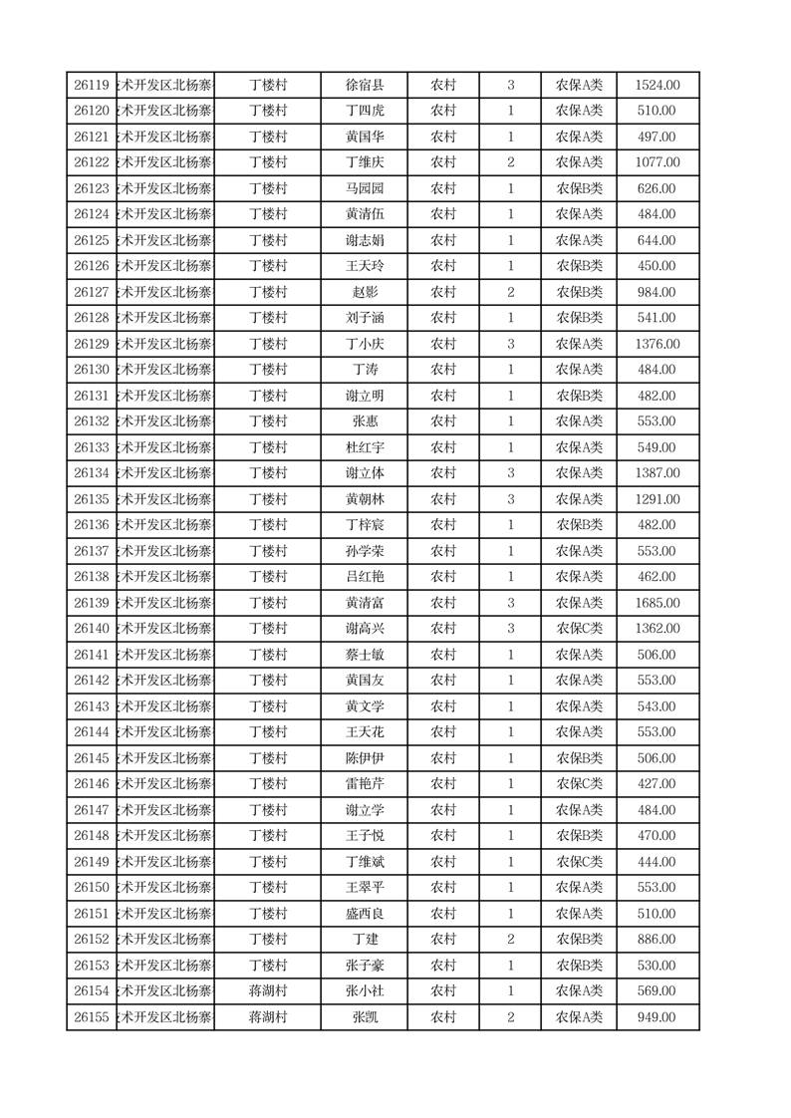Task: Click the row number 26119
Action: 92,86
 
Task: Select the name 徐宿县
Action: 364,86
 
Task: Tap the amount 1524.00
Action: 658,86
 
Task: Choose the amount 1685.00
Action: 658,603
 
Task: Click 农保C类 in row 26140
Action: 579,629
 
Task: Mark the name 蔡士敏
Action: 364,655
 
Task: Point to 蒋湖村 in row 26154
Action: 268,991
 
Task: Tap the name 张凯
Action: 364,1017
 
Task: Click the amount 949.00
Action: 658,1017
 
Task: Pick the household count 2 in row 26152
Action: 511,940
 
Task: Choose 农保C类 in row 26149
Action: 579,862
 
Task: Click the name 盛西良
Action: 364,914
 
